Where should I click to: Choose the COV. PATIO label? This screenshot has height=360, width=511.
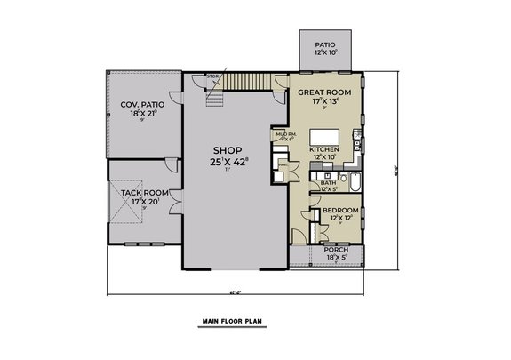click(140, 104)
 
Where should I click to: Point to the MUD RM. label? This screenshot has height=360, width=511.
click(286, 135)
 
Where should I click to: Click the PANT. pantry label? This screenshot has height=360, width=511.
click(283, 164)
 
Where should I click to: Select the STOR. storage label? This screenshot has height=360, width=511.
click(212, 77)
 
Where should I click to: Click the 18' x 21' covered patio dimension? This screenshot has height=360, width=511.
click(140, 114)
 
